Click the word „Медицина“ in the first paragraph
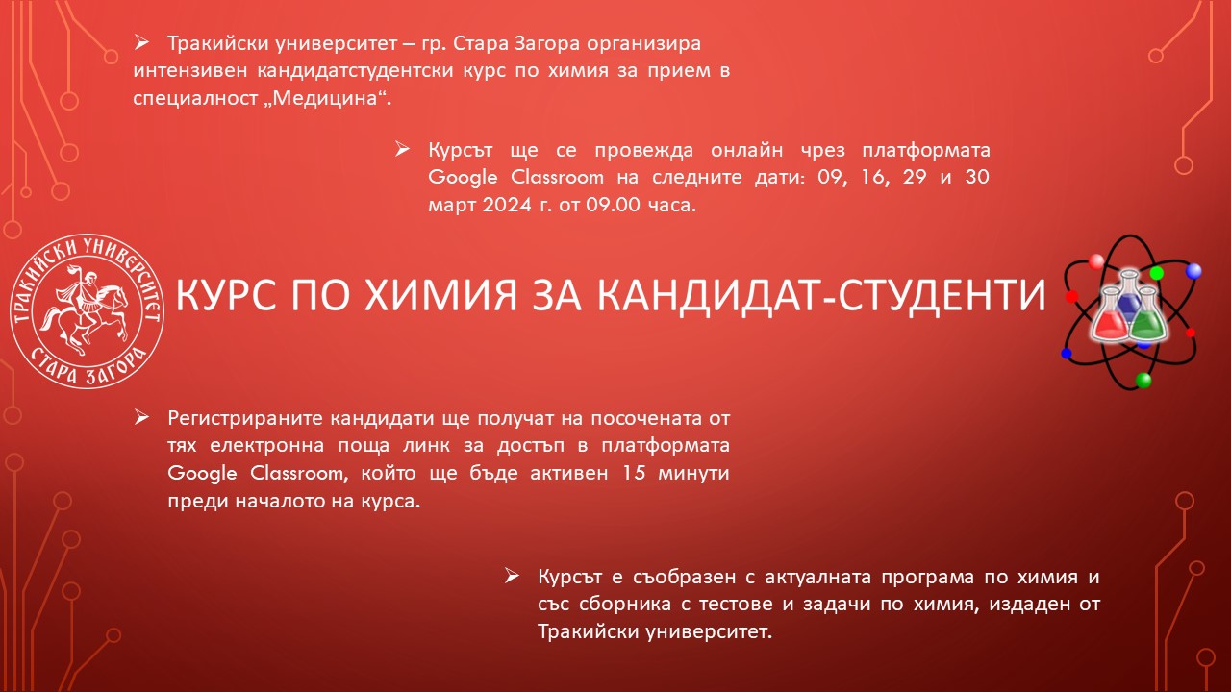pyautogui.click(x=327, y=98)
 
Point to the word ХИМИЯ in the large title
pyautogui.click(x=441, y=294)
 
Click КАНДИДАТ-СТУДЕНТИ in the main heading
pyautogui.click(x=821, y=295)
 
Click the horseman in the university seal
pyautogui.click(x=87, y=310)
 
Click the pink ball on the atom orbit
pyautogui.click(x=1096, y=261)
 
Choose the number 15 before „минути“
pyautogui.click(x=634, y=472)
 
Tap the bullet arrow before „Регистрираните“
pyautogui.click(x=141, y=417)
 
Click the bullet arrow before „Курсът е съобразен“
pyautogui.click(x=512, y=576)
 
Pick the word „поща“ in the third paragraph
pyautogui.click(x=364, y=445)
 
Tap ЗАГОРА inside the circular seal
pyautogui.click(x=115, y=370)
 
